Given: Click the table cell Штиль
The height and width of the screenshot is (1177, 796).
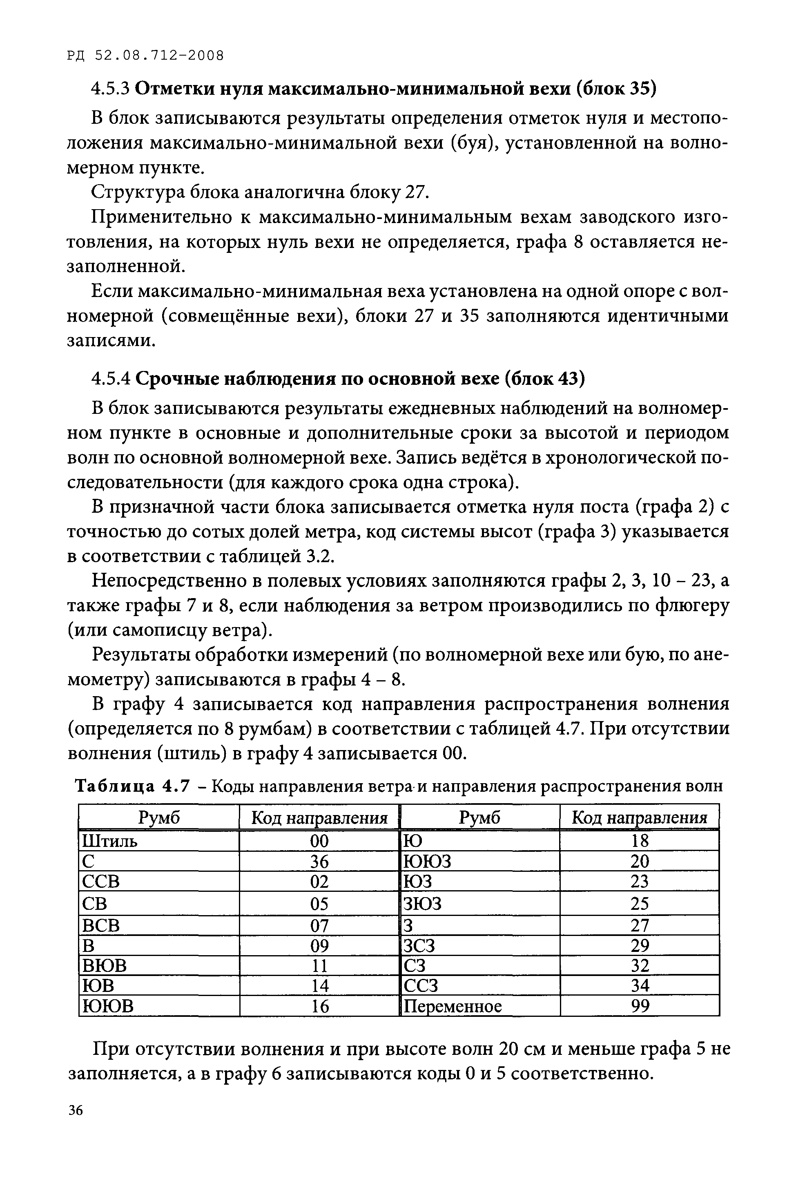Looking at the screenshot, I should tap(109, 841).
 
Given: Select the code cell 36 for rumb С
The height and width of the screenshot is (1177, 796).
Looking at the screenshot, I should tap(319, 862).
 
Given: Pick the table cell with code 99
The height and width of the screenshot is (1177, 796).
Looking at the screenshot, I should tap(640, 1006).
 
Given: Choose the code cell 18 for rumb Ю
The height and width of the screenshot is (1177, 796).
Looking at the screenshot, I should tap(640, 841).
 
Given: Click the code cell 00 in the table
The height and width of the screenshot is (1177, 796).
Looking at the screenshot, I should tap(319, 841).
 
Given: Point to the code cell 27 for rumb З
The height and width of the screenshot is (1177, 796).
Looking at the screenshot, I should tap(640, 925).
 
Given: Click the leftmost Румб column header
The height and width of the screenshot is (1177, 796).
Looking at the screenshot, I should tap(159, 818).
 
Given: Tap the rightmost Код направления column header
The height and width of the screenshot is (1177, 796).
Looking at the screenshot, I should tap(639, 818).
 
